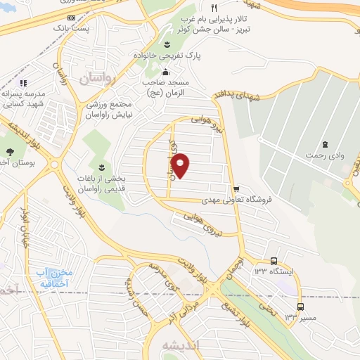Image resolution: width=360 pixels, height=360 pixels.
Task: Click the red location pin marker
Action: coord(180,165)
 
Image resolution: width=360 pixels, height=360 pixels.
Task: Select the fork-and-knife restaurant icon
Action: coord(214,7)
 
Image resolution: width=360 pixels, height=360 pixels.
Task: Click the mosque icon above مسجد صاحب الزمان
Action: coord(166,72)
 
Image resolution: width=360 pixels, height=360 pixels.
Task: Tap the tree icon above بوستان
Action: coord(10,153)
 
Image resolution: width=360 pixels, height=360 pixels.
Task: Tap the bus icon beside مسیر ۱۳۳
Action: coord(301,307)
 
